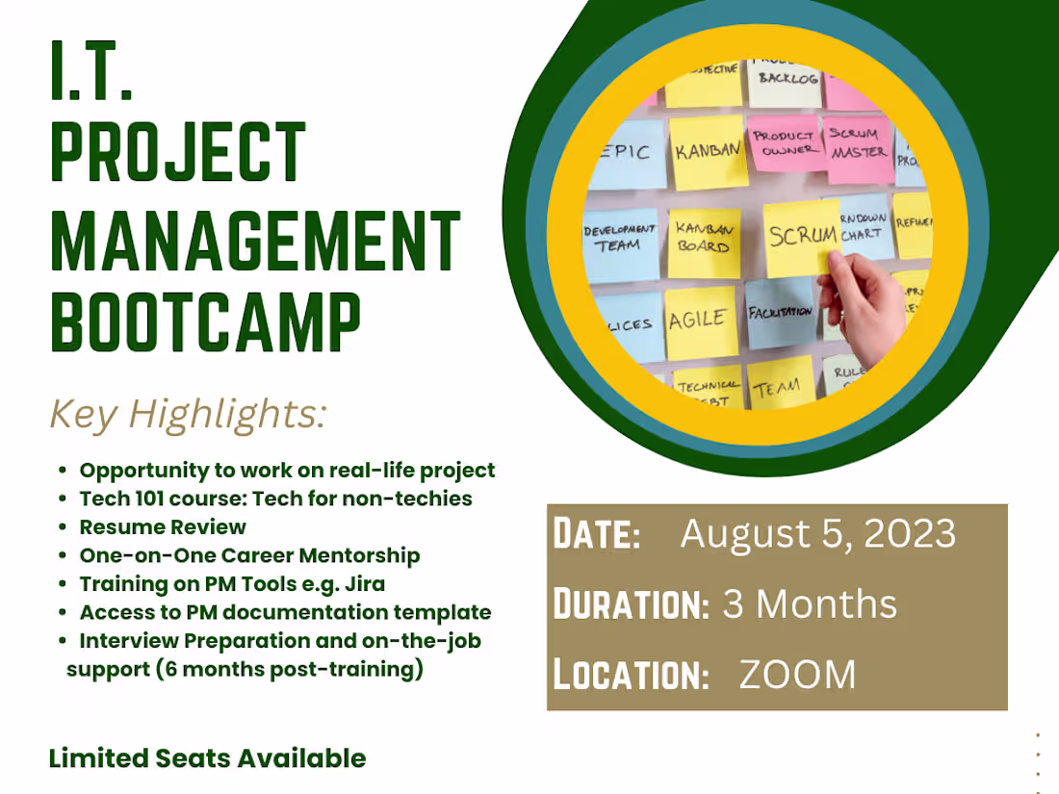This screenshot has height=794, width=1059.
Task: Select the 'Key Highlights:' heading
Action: click(x=188, y=414)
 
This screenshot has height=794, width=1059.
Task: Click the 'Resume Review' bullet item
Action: click(x=163, y=526)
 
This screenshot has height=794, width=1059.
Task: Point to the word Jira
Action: click(x=365, y=583)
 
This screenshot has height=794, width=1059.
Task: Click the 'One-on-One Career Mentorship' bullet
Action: click(x=249, y=555)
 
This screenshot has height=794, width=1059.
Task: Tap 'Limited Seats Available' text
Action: click(x=207, y=757)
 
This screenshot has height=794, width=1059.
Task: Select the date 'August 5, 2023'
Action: click(x=817, y=534)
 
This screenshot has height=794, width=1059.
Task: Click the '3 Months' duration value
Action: click(x=809, y=604)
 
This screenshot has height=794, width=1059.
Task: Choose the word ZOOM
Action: click(x=797, y=675)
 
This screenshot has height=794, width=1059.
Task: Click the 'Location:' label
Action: click(x=631, y=675)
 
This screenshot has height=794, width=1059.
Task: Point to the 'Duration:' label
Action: click(x=631, y=604)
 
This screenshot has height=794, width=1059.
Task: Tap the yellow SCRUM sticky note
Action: click(x=801, y=236)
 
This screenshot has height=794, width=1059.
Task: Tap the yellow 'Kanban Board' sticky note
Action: click(x=704, y=239)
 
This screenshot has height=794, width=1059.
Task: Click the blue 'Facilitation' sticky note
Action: click(x=780, y=314)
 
